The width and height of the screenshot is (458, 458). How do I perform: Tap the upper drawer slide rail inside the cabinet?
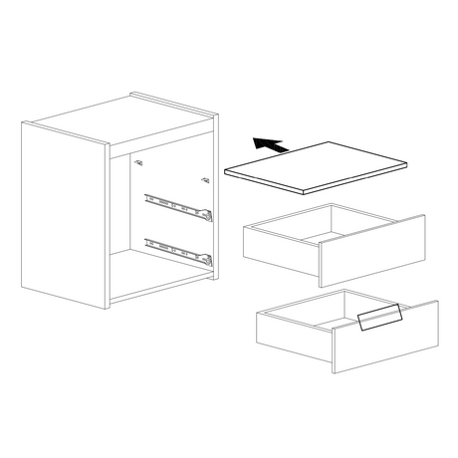click(178, 205)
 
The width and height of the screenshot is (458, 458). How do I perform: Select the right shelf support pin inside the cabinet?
click(204, 180)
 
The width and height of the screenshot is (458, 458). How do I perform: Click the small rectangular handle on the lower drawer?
click(379, 318)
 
